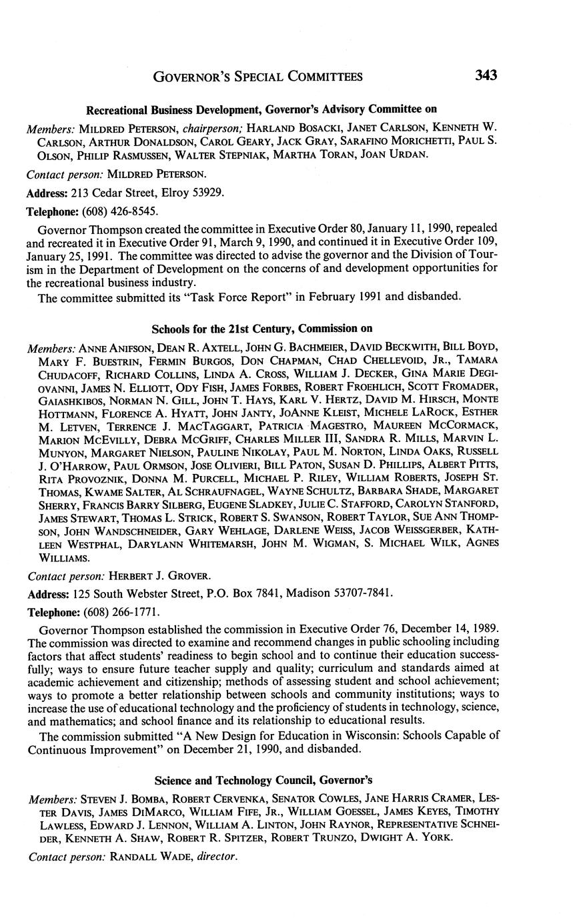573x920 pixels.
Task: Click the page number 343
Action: tap(486, 76)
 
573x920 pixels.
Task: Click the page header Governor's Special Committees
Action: tap(257, 77)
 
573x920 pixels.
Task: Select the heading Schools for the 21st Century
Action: tap(261, 329)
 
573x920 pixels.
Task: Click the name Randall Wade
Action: tap(150, 857)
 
